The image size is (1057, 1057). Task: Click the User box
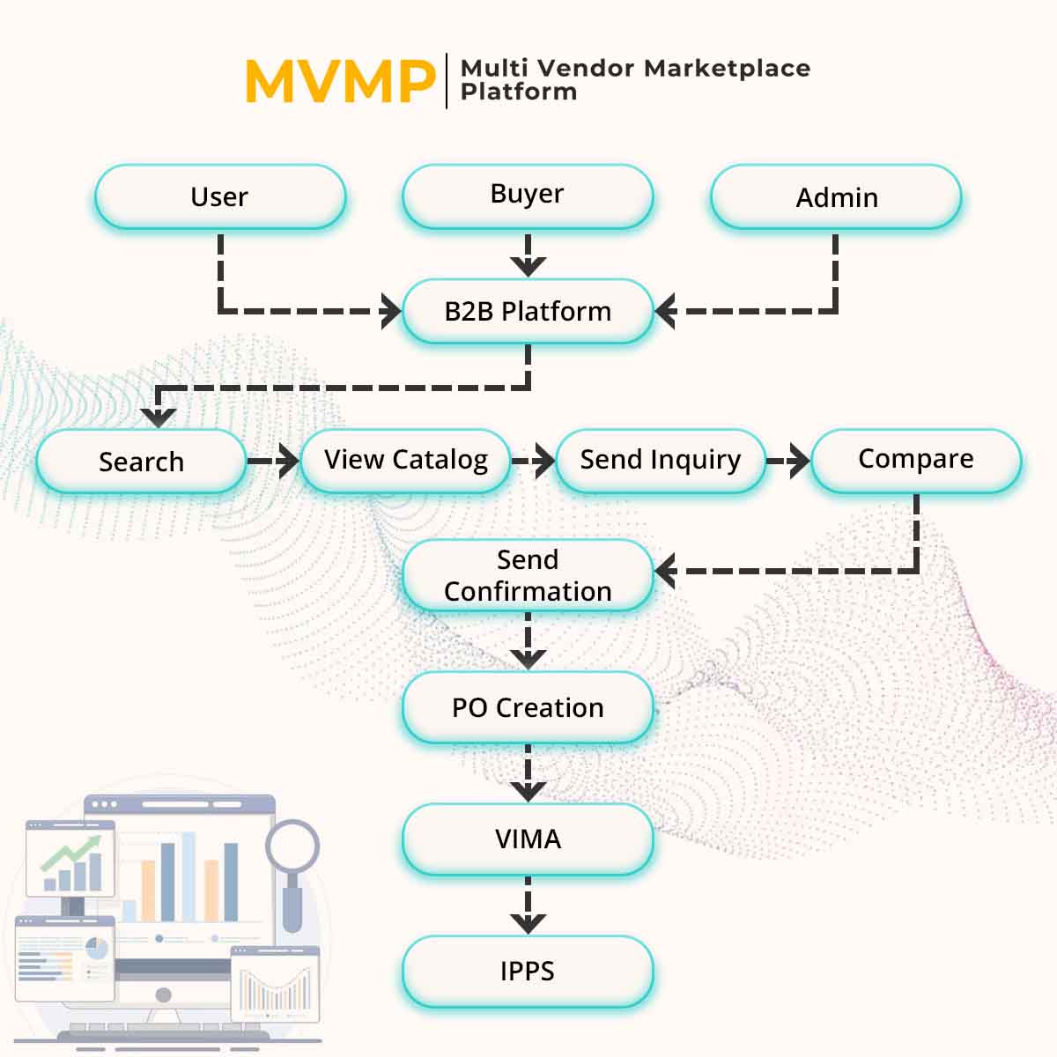coord(219,196)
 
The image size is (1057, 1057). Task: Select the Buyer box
coord(527,196)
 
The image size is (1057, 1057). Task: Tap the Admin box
coord(836,196)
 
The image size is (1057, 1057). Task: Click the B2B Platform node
coord(527,311)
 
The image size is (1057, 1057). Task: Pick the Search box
coord(141,461)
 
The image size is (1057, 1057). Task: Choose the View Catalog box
coord(405,460)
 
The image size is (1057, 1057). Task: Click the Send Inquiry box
coord(660,460)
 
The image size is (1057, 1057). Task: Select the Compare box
coord(915,460)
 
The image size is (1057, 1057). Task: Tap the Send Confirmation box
coord(527,575)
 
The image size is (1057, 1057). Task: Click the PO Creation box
coord(527,707)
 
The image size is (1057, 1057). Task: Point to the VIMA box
coord(527,839)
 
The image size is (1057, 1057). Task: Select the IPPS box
coord(527,971)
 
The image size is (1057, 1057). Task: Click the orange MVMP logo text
coord(339,82)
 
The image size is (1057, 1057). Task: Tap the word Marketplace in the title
coord(727,68)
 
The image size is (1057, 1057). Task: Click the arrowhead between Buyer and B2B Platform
coord(528,265)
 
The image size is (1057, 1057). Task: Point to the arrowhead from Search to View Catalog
coord(287,461)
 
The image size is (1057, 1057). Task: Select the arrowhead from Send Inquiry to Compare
coord(798,461)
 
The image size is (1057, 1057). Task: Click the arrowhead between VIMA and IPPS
coord(528,921)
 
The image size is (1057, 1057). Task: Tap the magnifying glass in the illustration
coord(292,847)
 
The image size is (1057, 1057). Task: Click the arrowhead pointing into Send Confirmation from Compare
coord(666,571)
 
